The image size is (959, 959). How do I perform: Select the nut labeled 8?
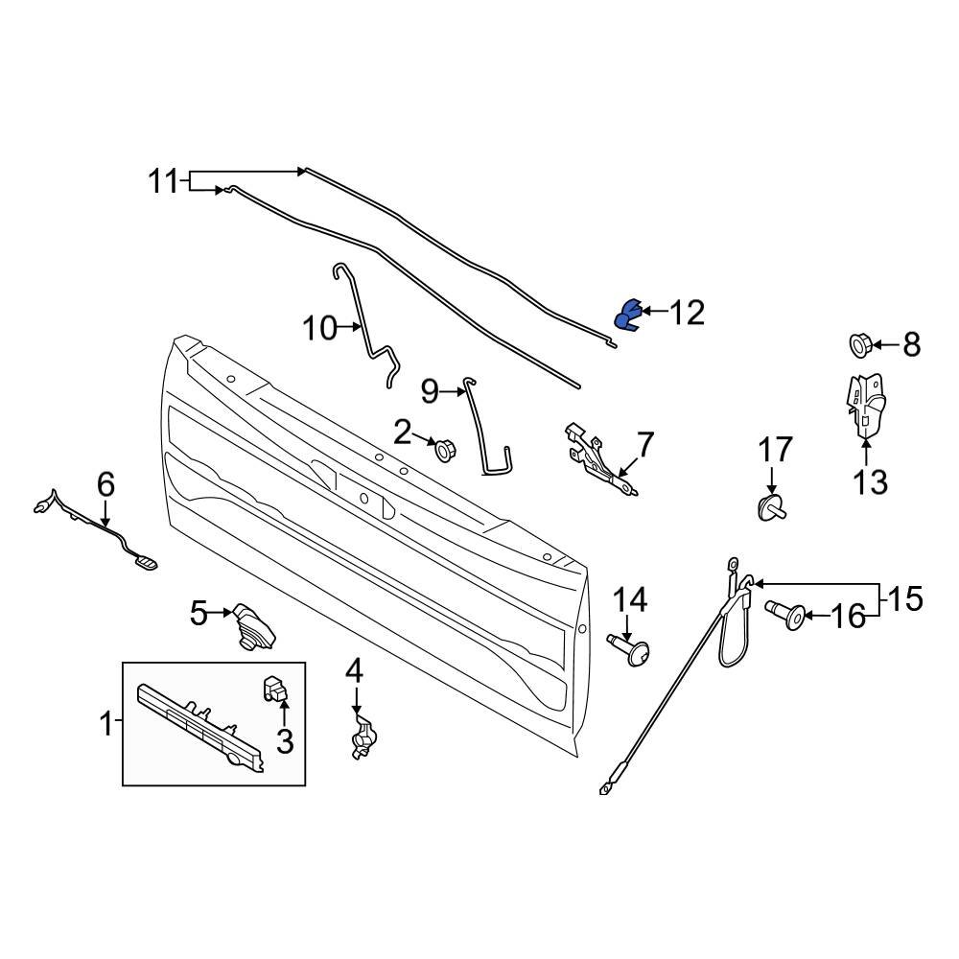[858, 343]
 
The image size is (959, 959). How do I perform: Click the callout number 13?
[871, 481]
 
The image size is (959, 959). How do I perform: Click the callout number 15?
[905, 600]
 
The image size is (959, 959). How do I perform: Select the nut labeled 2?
[443, 448]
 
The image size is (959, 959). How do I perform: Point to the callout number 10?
[320, 329]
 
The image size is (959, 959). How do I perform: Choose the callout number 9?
[430, 390]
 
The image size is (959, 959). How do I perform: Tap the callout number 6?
[105, 484]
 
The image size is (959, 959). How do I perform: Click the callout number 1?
[105, 724]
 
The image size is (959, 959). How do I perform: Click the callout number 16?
[847, 616]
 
